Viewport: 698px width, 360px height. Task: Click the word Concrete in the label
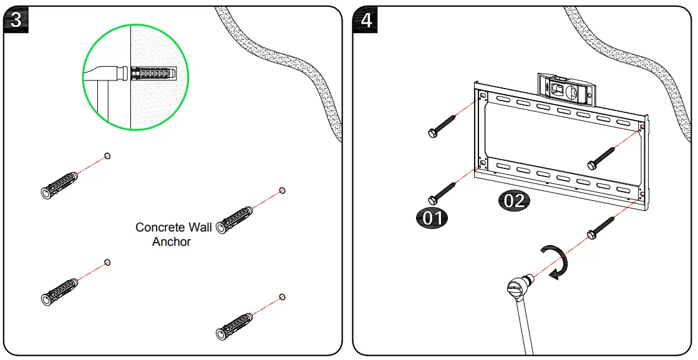(x=157, y=228)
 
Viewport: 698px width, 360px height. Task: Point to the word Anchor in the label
(x=172, y=241)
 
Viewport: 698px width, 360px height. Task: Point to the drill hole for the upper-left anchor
(x=107, y=156)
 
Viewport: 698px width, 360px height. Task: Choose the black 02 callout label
(x=513, y=202)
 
